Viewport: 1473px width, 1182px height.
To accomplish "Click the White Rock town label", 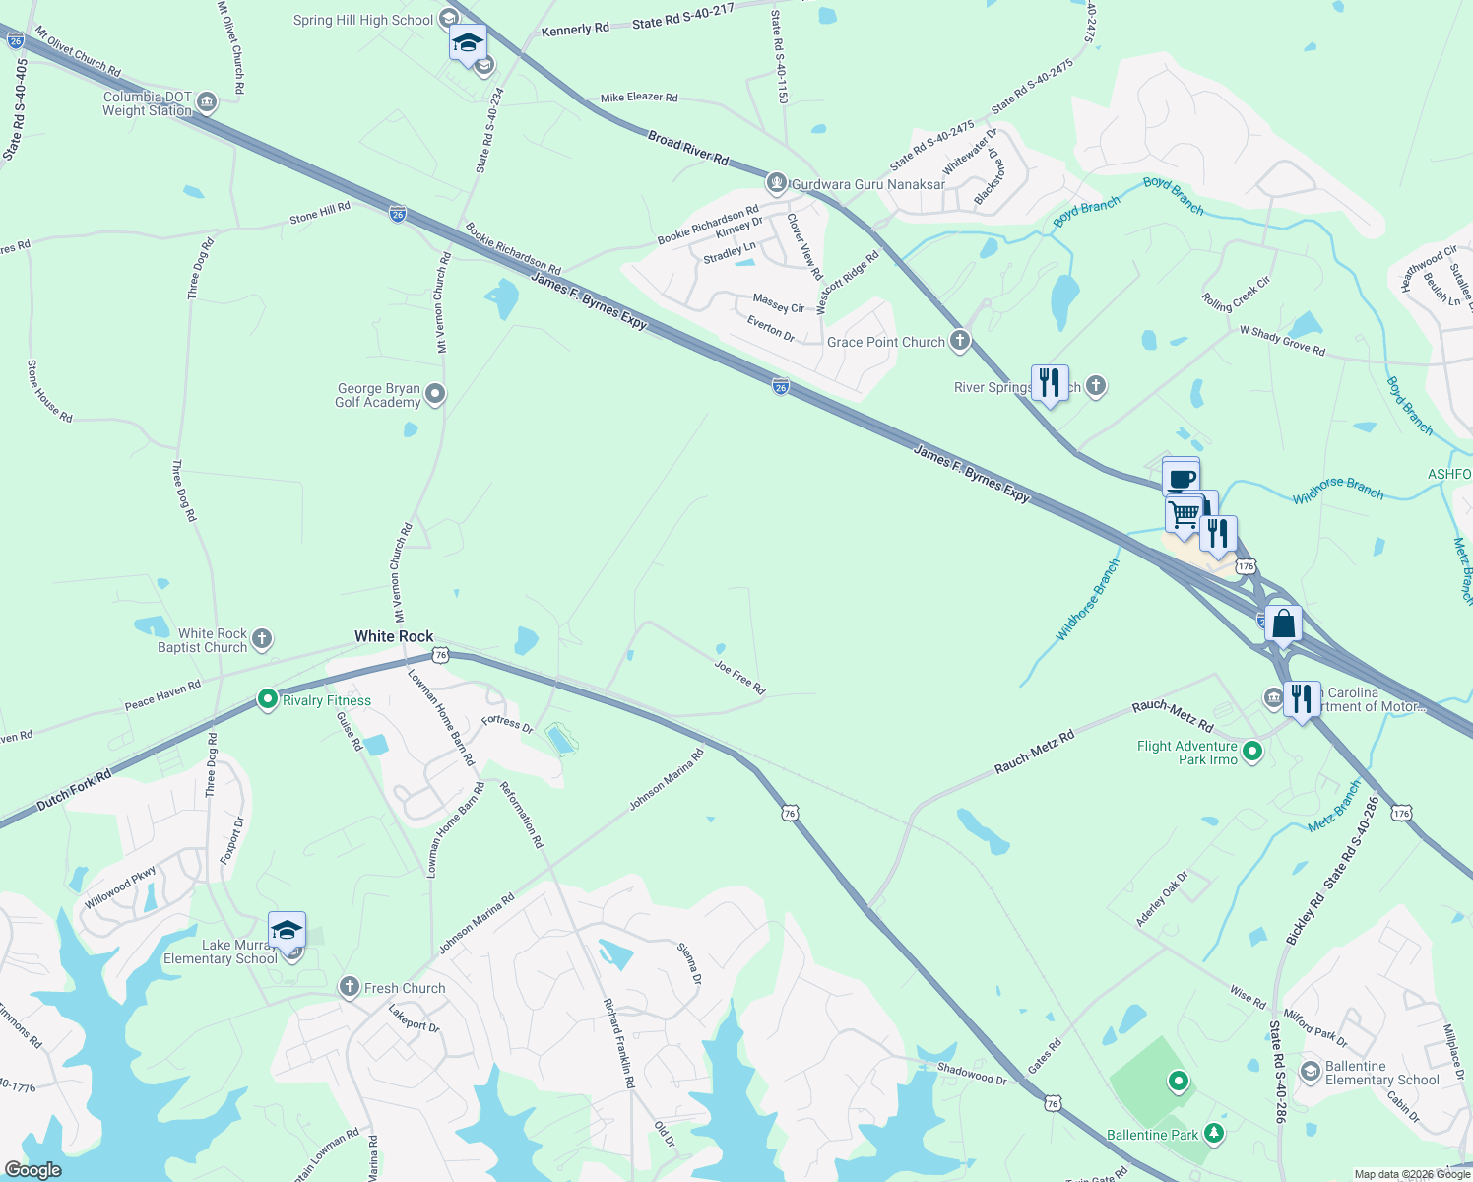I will point(394,636).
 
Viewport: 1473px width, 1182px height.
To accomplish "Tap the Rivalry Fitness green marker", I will point(267,699).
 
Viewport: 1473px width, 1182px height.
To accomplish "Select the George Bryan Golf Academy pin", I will point(435,395).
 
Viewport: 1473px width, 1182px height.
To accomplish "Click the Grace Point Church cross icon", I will point(960,342).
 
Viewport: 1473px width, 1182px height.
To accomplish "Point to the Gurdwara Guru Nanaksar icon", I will point(777,183).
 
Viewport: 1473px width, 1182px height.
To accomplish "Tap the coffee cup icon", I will point(1181,480).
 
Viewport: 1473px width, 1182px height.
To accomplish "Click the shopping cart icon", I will point(1185,513).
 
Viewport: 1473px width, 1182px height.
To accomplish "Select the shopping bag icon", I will point(1283,624).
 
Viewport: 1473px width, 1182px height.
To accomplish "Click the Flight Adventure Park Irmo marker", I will point(1252,753).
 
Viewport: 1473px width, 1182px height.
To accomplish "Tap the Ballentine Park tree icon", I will point(1215,1135).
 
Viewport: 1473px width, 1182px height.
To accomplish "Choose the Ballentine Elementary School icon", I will point(1311,1072).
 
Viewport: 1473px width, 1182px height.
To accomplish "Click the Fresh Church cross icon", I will point(350,988).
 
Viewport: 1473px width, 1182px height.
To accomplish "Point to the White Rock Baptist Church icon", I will point(262,639).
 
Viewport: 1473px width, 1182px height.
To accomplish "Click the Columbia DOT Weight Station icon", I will point(207,102).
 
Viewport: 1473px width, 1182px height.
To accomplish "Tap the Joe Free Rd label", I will point(739,678).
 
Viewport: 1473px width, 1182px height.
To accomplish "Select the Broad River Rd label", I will point(688,148).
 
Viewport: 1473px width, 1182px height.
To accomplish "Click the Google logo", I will point(32,1169).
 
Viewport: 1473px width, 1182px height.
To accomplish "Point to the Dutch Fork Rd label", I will point(74,792).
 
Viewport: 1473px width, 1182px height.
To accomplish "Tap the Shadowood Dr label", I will point(972,1074).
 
